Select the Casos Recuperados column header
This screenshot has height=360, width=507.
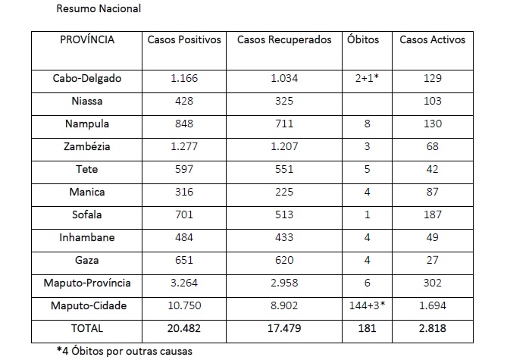[284, 40]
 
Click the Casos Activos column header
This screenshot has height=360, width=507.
[433, 40]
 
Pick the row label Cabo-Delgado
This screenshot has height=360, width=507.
[87, 78]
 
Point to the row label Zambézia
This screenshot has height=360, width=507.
[87, 146]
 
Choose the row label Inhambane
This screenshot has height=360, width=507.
[87, 237]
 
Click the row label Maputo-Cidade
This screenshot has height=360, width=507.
[87, 305]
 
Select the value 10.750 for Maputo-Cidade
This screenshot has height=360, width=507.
[183, 305]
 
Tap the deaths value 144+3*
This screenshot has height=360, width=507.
[368, 305]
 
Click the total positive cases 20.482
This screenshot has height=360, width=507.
[183, 329]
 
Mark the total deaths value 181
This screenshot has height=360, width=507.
[367, 329]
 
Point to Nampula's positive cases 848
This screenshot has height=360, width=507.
[183, 124]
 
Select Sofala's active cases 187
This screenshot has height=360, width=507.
[433, 214]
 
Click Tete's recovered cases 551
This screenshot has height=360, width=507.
[284, 169]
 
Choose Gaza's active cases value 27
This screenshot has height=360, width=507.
[433, 260]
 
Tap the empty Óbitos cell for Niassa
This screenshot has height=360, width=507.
[367, 101]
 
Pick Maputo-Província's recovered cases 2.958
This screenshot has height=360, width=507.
[284, 283]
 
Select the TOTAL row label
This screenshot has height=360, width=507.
[87, 329]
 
